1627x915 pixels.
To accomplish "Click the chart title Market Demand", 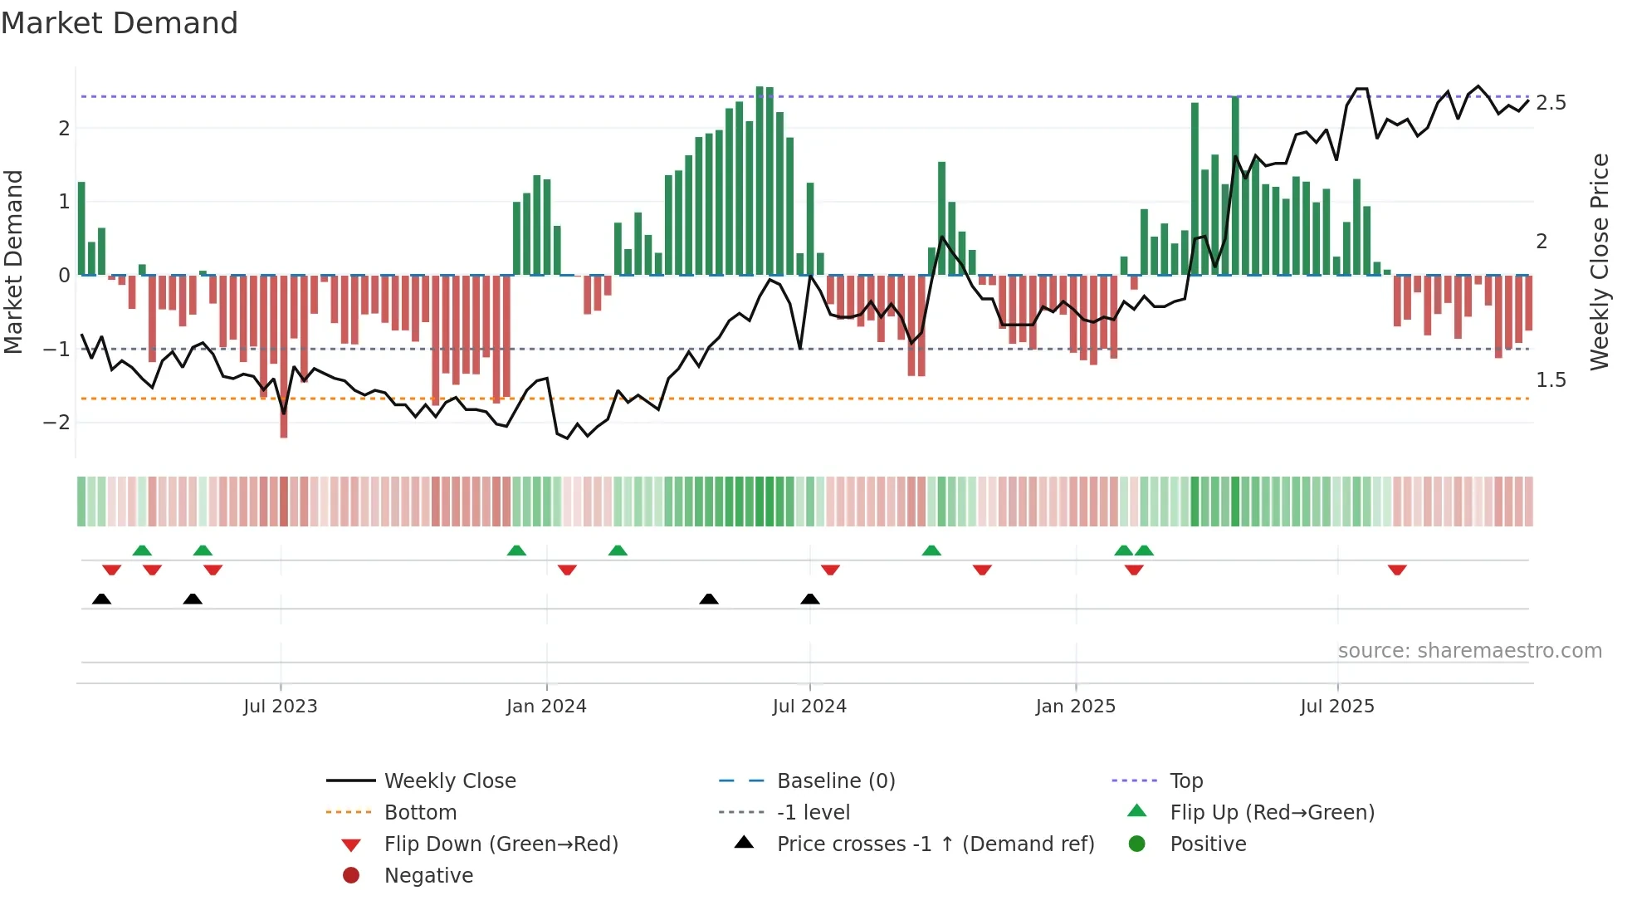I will click(120, 23).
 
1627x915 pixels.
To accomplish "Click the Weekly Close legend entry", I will click(449, 780).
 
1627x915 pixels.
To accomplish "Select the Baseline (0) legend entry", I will click(835, 780).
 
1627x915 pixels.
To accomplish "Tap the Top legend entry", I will click(1185, 780).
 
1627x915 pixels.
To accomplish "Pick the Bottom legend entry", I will click(420, 812).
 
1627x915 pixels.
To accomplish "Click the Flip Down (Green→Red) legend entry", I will click(501, 844).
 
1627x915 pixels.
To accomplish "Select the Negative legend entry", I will click(428, 875).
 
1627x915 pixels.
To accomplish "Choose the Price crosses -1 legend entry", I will click(935, 844).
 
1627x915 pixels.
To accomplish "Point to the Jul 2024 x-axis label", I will click(809, 706).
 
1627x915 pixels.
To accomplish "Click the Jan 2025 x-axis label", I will click(1075, 706).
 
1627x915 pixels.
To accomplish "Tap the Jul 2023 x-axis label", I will click(281, 706).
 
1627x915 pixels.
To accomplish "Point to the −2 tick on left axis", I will click(57, 422).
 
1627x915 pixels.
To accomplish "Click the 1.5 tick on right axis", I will click(1551, 379).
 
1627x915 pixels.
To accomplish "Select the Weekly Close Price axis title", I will click(1599, 262).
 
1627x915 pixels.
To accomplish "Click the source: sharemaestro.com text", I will click(1469, 650).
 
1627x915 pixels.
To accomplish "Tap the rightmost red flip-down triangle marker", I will click(1397, 570).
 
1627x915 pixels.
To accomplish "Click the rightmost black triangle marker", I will click(810, 599).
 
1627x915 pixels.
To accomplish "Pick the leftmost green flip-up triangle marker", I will click(142, 550).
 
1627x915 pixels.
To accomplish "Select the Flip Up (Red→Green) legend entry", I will click(1272, 812).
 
